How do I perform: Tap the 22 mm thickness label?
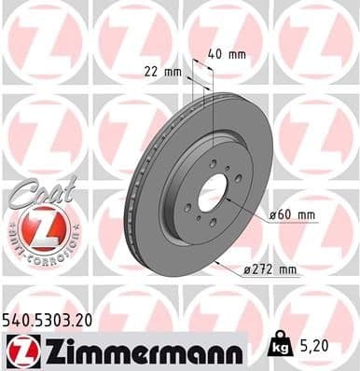[x=163, y=70]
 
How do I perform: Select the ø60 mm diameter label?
[x=292, y=215]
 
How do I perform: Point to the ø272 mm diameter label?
[x=270, y=269]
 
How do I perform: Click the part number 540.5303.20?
[x=54, y=320]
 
